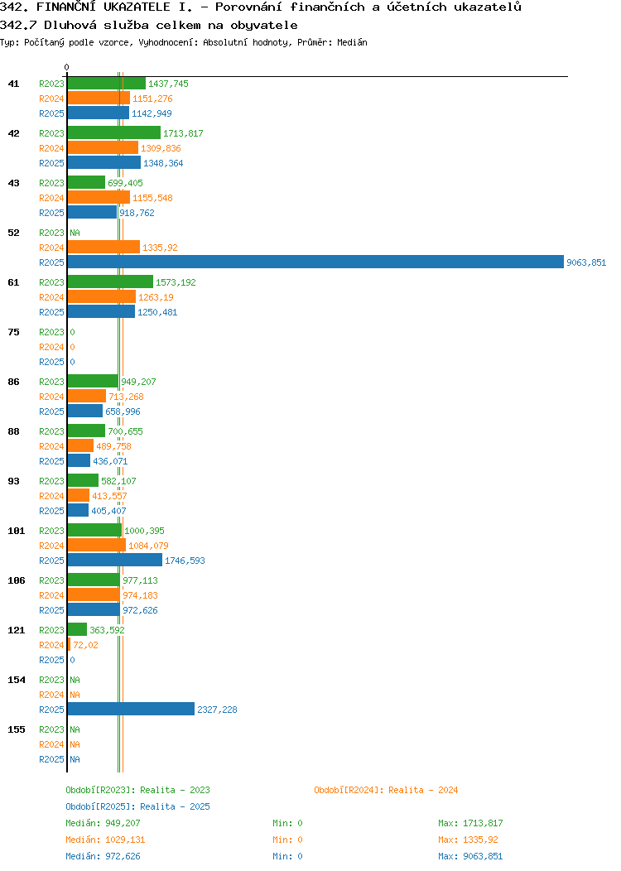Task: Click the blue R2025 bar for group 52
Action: point(315,262)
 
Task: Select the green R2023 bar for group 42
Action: point(114,133)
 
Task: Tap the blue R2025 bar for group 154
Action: point(131,710)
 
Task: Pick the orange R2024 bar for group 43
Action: point(99,198)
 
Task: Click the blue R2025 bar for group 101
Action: point(115,561)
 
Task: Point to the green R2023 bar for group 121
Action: point(77,630)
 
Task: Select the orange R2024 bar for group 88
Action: point(80,446)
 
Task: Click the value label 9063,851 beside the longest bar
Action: point(586,262)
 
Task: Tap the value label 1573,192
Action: point(176,282)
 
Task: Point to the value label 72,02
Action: point(85,646)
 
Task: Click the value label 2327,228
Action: point(217,710)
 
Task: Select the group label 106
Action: point(16,580)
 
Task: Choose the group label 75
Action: point(13,332)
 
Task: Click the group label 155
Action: point(16,729)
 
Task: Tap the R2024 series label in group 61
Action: point(51,298)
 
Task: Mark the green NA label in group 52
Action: point(75,233)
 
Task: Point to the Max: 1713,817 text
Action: point(470,823)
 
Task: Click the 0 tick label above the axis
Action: point(67,67)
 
